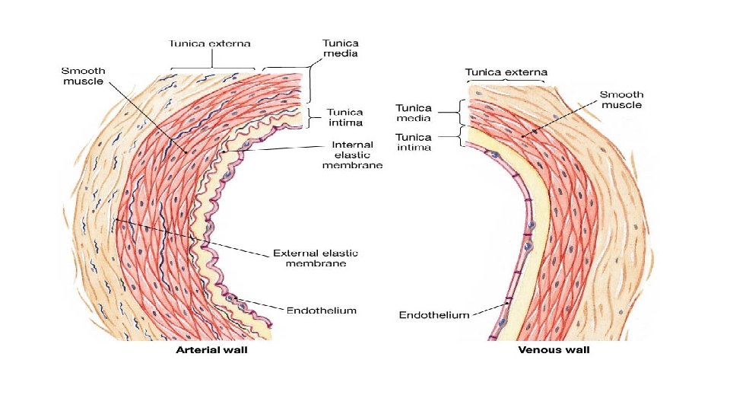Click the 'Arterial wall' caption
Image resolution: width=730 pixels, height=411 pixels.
[x=211, y=351]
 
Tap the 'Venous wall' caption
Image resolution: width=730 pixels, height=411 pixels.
[x=554, y=351]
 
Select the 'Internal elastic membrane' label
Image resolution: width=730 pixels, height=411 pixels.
[x=352, y=155]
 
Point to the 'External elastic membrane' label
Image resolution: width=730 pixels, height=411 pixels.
[x=315, y=258]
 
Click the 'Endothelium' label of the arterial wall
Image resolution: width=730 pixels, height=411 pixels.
[x=321, y=311]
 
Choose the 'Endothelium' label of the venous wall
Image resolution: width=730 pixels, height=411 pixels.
[x=434, y=315]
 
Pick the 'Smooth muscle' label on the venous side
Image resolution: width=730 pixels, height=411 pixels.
[x=621, y=100]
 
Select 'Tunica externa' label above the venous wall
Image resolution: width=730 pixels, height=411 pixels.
[x=506, y=72]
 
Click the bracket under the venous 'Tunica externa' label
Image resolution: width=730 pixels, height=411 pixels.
[x=506, y=81]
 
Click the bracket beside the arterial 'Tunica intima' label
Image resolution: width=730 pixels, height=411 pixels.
[x=313, y=115]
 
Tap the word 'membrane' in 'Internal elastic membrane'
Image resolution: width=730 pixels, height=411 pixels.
[x=352, y=165]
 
